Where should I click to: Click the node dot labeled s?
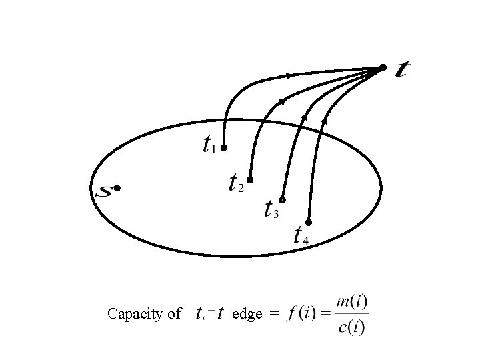coord(117,189)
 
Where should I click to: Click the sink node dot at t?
coord(383,67)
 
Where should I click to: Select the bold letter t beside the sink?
coord(402,69)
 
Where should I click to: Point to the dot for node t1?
coord(225,147)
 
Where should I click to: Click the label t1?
coord(209,145)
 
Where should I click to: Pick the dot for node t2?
coord(251,179)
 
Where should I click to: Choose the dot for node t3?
coord(283,200)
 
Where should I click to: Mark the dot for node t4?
coord(309,221)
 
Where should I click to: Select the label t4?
coord(300,235)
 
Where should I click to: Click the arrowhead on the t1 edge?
coord(288,76)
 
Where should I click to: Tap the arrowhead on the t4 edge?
coord(325,121)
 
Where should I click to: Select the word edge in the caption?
coord(247,314)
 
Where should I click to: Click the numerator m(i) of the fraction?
coord(351,302)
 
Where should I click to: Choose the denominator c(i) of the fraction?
coord(351,327)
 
